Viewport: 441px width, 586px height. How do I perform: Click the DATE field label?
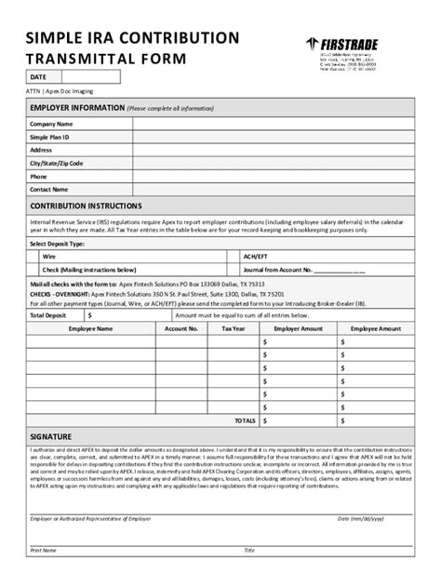(x=38, y=77)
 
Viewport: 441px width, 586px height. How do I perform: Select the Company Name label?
(x=51, y=124)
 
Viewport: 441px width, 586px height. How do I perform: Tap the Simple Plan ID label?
(x=50, y=137)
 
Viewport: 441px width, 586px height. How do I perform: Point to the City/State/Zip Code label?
(x=56, y=163)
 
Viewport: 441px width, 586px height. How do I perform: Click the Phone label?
(x=38, y=176)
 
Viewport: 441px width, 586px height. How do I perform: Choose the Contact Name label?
(x=48, y=189)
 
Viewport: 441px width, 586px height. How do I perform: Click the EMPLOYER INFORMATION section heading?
(x=77, y=109)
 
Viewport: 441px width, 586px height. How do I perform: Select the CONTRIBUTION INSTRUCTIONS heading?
(x=86, y=206)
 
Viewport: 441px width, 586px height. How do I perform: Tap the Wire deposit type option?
(x=49, y=254)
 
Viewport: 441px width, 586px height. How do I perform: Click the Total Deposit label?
(x=48, y=315)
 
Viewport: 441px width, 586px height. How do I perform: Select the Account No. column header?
(x=181, y=328)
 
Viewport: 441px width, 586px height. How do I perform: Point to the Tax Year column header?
(x=234, y=328)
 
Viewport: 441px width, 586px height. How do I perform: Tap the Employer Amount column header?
(x=298, y=328)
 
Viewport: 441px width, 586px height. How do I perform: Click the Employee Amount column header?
(x=376, y=328)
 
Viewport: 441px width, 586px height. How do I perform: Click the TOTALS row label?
(x=245, y=420)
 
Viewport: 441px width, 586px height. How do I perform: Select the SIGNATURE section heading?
(x=51, y=435)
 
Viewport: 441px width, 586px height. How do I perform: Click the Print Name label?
(x=43, y=551)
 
